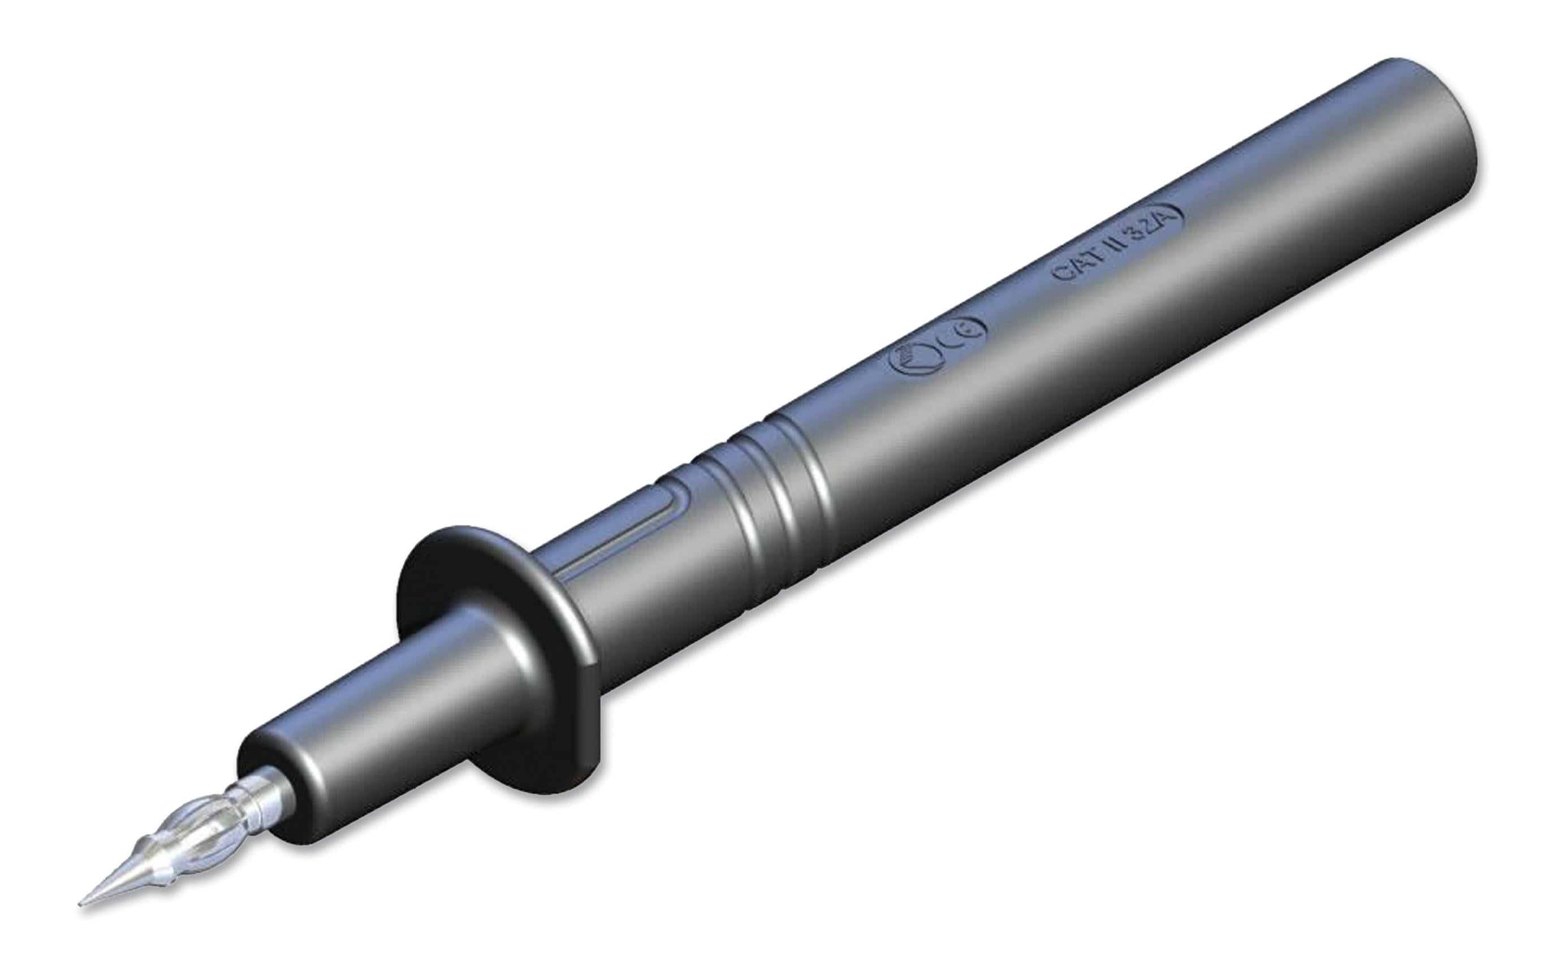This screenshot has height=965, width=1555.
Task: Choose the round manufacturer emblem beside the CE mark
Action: (x=914, y=365)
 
